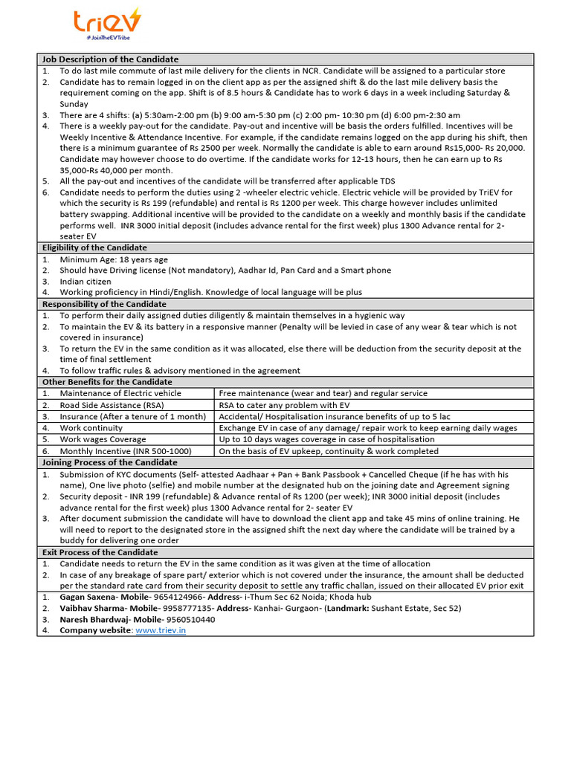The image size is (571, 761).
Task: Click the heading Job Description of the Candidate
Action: [x=110, y=59]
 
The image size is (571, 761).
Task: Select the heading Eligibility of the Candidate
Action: [x=94, y=247]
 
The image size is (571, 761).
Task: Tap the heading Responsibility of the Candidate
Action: [x=104, y=304]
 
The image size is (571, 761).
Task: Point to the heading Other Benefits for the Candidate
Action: [x=107, y=382]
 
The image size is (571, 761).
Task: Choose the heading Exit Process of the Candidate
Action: [x=100, y=552]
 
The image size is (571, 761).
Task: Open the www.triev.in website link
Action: [x=161, y=630]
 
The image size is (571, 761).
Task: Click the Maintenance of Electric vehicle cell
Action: [x=120, y=393]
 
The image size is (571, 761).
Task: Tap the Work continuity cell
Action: [x=91, y=428]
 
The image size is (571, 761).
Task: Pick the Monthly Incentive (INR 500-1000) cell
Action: [x=126, y=451]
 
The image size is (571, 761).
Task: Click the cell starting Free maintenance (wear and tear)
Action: [x=323, y=393]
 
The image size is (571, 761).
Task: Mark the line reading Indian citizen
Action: [x=86, y=282]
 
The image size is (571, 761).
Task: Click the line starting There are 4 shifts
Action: [x=259, y=115]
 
